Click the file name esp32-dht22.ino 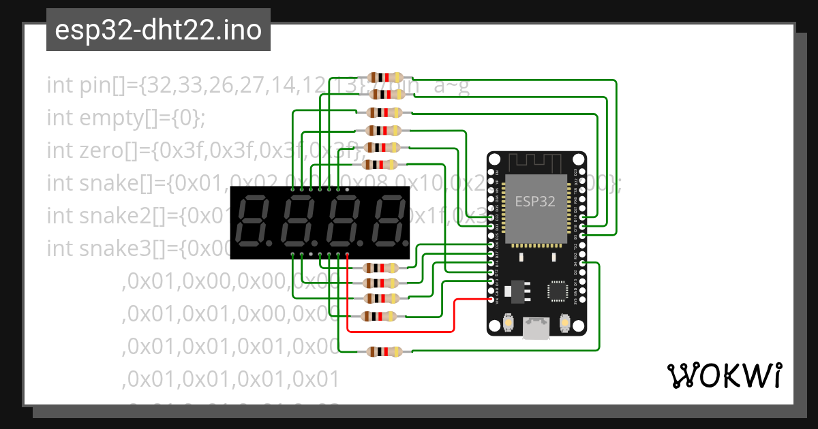pyautogui.click(x=158, y=31)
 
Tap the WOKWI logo pyautogui.click(x=724, y=375)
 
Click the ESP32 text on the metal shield pyautogui.click(x=534, y=201)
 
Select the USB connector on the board pyautogui.click(x=536, y=328)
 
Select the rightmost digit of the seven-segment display pyautogui.click(x=386, y=222)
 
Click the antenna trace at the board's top pyautogui.click(x=536, y=163)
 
